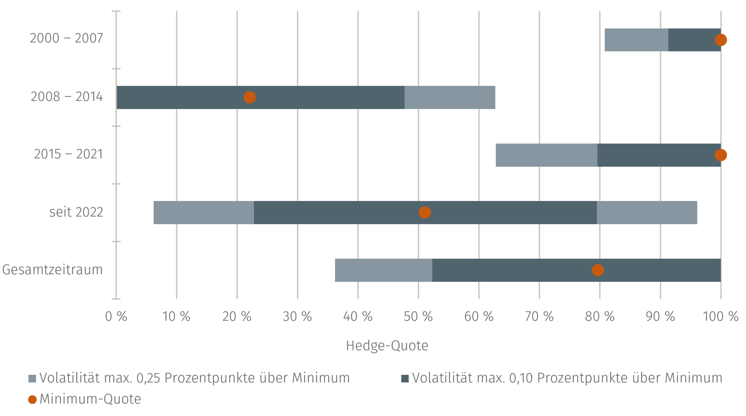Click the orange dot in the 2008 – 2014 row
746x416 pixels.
pos(249,97)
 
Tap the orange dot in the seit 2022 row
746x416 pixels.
pos(425,212)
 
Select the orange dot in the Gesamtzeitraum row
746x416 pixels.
pos(598,270)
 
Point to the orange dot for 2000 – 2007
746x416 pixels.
pos(721,40)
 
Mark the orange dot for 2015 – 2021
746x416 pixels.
pos(721,155)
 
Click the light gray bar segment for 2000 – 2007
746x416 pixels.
pos(636,40)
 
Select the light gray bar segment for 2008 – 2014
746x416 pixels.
pos(450,97)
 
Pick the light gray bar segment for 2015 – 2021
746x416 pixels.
pos(547,155)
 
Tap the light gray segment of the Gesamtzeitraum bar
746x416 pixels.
pos(383,270)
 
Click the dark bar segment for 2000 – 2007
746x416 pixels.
pos(695,40)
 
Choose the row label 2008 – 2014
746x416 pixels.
pos(67,96)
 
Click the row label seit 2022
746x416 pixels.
pos(76,212)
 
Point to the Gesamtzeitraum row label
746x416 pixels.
pos(52,269)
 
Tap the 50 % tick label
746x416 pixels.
pos(418,316)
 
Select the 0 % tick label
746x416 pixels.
pos(116,316)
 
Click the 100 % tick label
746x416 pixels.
pos(721,316)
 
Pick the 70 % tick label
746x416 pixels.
pos(539,316)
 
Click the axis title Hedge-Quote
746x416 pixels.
pos(387,346)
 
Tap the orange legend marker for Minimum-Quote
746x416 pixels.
pos(33,399)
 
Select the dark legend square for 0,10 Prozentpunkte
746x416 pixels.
pos(405,378)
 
